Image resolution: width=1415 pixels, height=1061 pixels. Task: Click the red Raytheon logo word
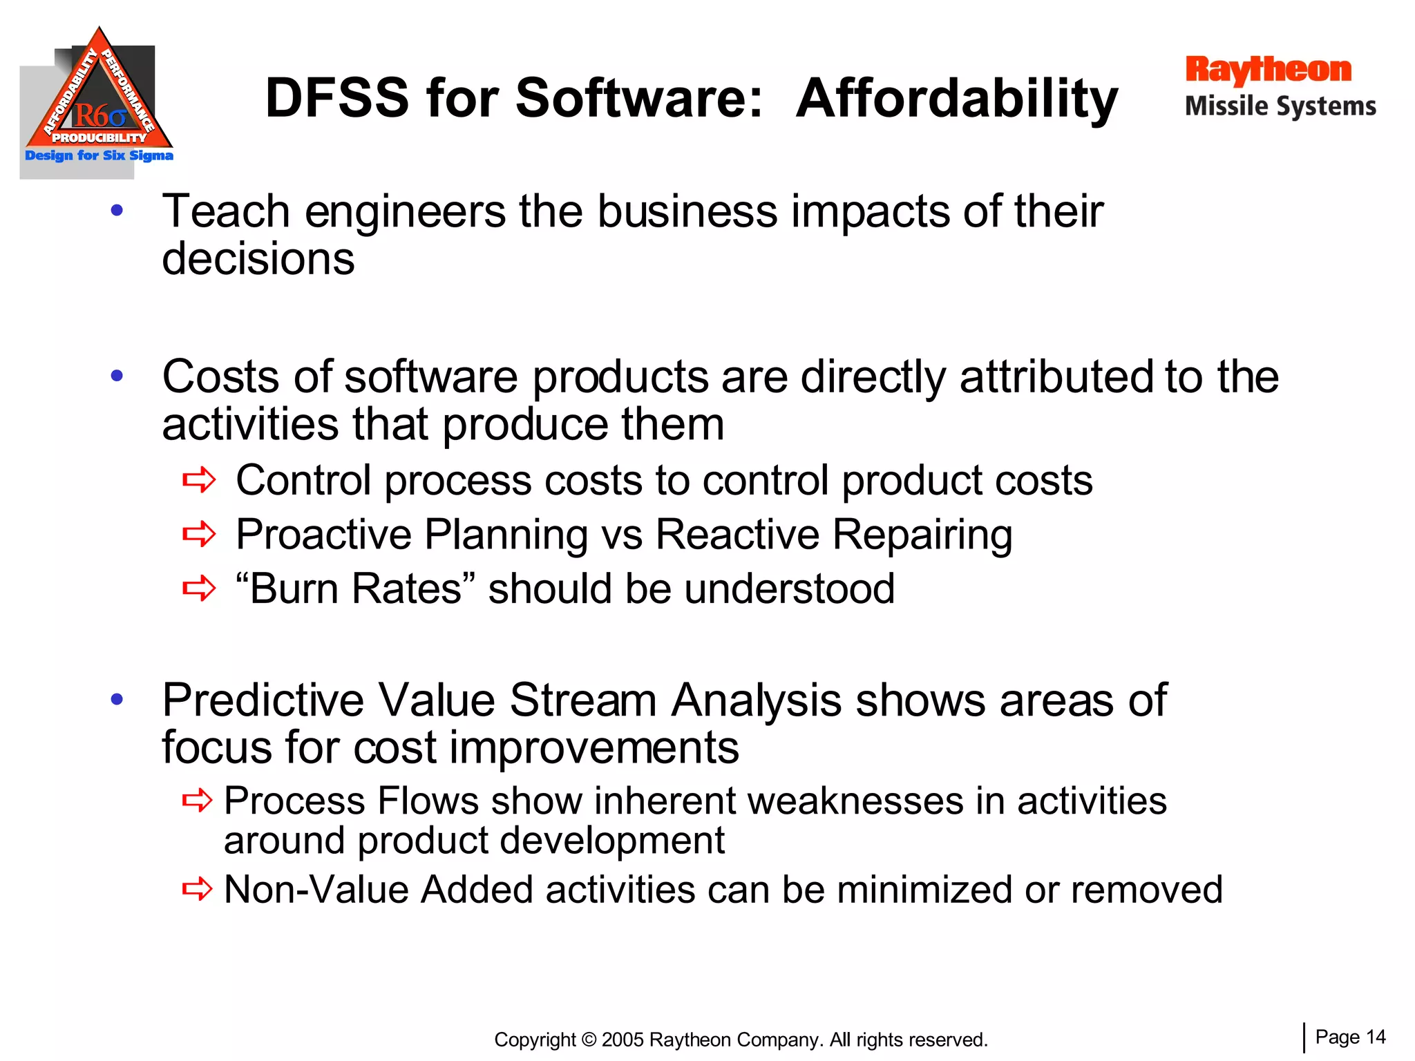[1268, 71]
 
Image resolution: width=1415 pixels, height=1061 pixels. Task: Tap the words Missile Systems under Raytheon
[1280, 106]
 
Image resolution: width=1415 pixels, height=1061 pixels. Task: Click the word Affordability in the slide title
[957, 99]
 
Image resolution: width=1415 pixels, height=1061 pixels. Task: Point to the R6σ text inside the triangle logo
[99, 115]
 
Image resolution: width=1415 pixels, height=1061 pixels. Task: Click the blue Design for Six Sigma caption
[99, 155]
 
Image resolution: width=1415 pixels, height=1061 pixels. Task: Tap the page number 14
[1376, 1037]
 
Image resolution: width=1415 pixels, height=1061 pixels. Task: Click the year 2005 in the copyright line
[623, 1040]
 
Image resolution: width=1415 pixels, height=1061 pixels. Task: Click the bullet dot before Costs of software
[117, 376]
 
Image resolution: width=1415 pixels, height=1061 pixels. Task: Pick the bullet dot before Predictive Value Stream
[117, 699]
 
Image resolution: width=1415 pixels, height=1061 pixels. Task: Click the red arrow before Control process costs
[199, 480]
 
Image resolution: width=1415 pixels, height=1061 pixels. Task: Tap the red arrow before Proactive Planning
[199, 534]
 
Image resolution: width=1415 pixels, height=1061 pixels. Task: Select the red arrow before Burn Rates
[199, 589]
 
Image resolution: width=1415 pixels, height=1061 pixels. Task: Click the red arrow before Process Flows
[197, 801]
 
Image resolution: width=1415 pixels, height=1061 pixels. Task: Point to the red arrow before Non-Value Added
[197, 889]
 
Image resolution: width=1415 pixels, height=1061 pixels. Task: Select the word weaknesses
[855, 801]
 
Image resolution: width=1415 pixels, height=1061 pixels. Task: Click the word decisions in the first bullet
[258, 258]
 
